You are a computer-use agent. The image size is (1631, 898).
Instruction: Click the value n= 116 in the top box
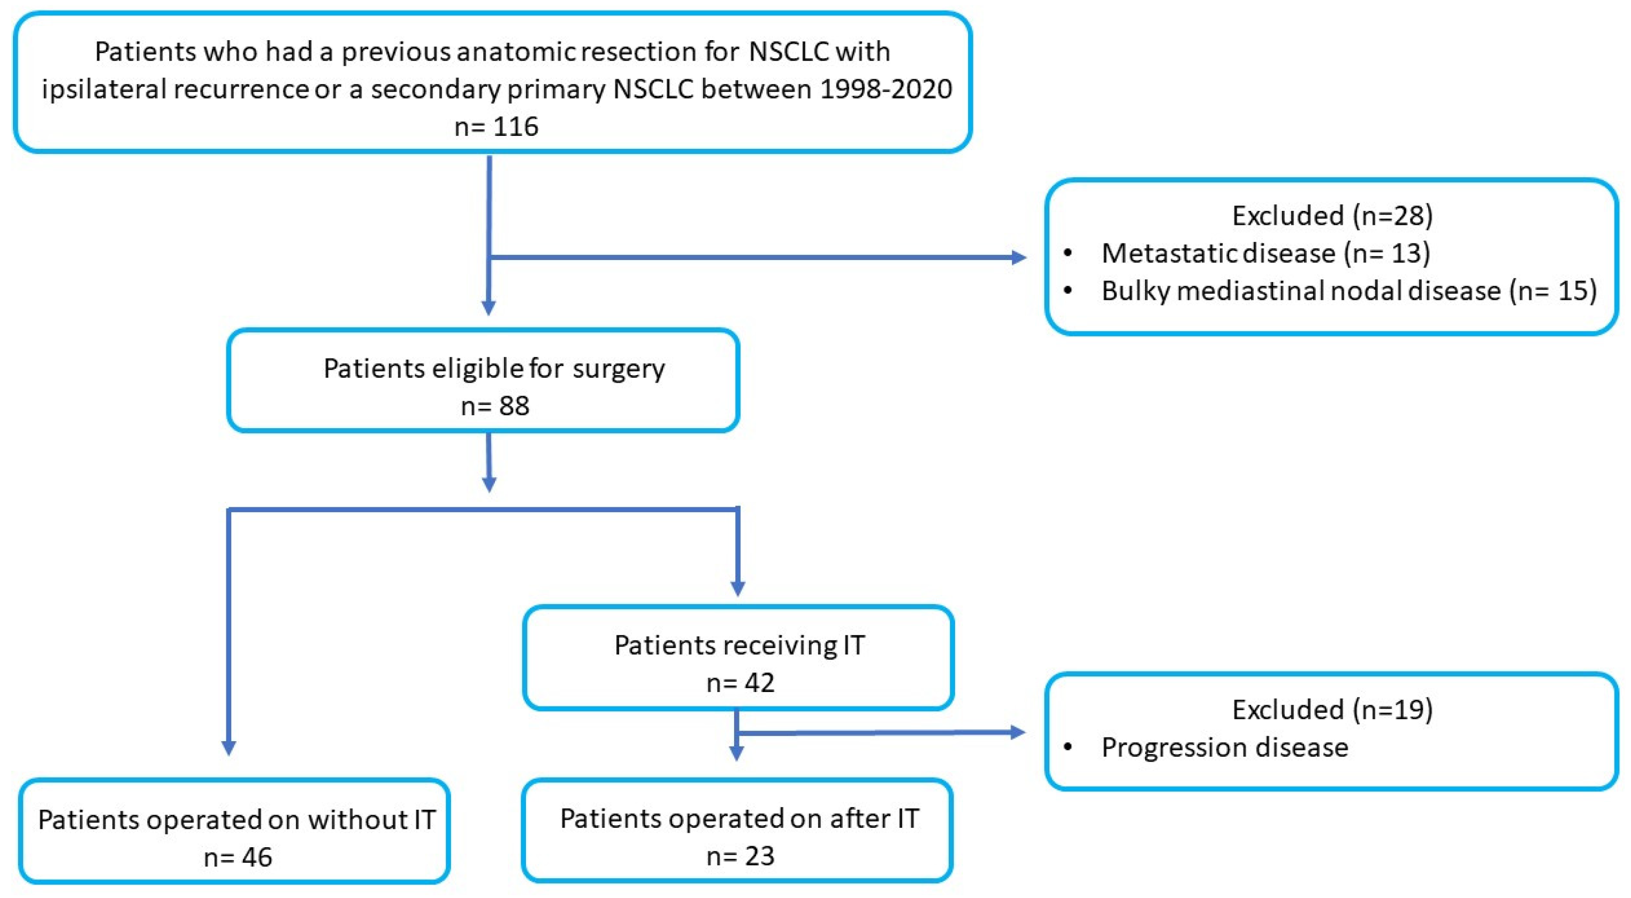pos(497,127)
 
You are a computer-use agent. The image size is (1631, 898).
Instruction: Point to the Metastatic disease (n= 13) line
pos(1266,253)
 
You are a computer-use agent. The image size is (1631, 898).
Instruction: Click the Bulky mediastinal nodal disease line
pos(1348,291)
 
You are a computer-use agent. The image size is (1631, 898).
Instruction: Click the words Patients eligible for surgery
pos(494,369)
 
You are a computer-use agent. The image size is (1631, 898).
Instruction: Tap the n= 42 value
pos(740,683)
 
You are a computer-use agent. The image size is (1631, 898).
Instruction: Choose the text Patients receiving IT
pos(740,645)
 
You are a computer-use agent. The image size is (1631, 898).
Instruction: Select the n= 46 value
pos(238,857)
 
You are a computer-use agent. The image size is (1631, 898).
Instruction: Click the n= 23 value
pos(740,856)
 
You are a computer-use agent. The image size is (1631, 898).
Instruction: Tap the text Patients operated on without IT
pos(237,820)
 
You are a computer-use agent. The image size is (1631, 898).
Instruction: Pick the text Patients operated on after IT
pos(740,819)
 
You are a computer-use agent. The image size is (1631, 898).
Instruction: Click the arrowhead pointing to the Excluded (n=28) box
pos(1019,257)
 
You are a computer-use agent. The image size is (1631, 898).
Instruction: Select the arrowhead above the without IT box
pos(228,748)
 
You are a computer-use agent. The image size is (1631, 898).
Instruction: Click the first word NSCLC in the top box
pos(788,52)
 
